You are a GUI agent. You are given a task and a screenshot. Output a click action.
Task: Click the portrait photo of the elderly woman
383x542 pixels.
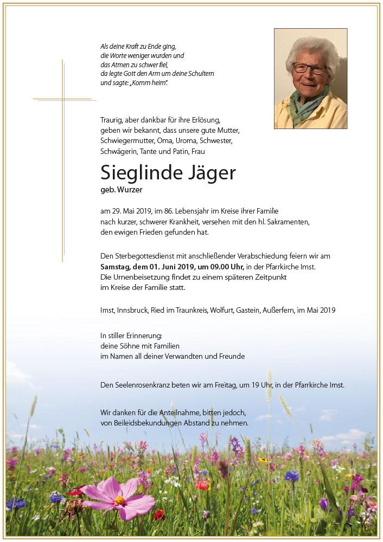point(310,78)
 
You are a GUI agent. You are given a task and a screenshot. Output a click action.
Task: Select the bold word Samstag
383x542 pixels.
point(116,267)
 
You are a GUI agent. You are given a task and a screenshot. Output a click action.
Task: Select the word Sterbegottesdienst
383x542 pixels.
point(143,256)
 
